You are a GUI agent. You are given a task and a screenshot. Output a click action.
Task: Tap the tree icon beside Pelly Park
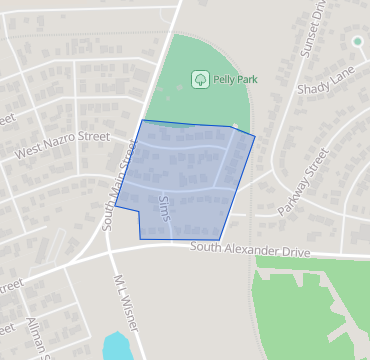click(x=199, y=78)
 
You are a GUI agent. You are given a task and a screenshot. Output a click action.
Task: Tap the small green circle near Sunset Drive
click(x=357, y=41)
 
